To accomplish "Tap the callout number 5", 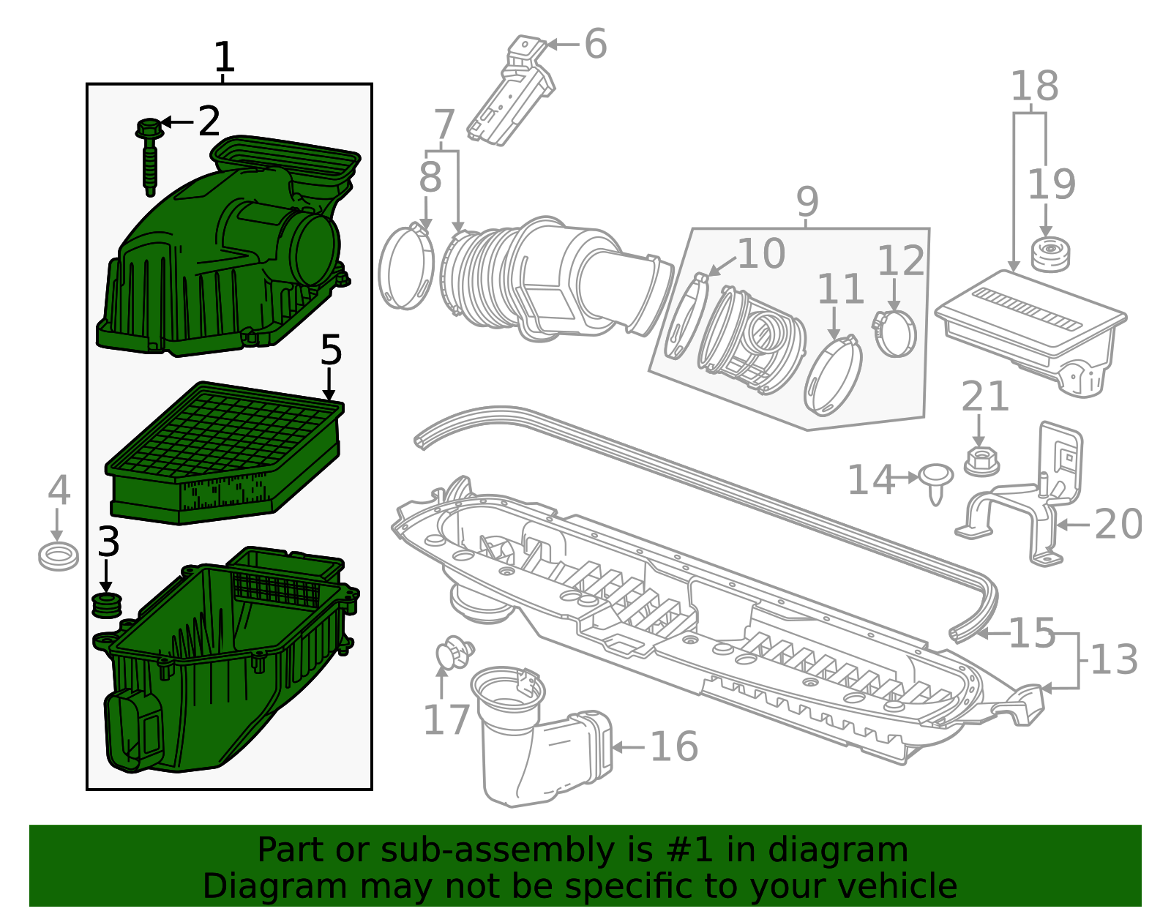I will (331, 351).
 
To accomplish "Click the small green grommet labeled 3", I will (107, 606).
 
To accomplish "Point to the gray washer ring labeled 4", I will (59, 557).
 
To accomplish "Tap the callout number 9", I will (807, 201).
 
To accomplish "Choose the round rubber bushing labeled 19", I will (1050, 255).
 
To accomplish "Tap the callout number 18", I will (1034, 86).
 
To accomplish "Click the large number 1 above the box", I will (224, 57).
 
